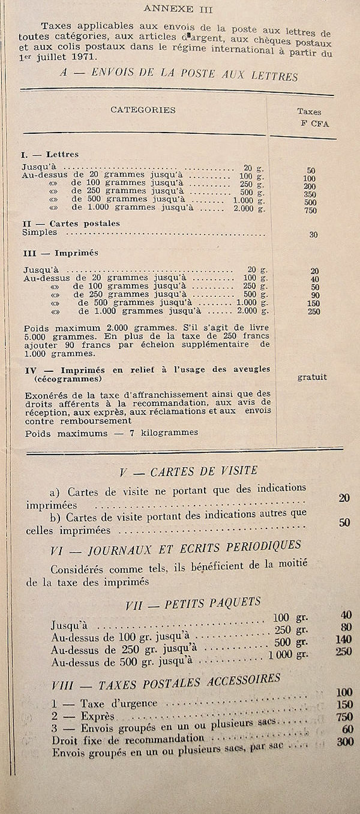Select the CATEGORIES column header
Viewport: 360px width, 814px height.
tap(143, 110)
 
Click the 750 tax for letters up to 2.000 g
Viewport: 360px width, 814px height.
tap(310, 211)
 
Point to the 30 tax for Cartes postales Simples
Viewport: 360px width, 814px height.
tap(313, 235)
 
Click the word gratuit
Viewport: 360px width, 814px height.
tap(312, 377)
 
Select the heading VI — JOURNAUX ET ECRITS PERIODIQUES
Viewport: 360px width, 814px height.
tap(176, 547)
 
